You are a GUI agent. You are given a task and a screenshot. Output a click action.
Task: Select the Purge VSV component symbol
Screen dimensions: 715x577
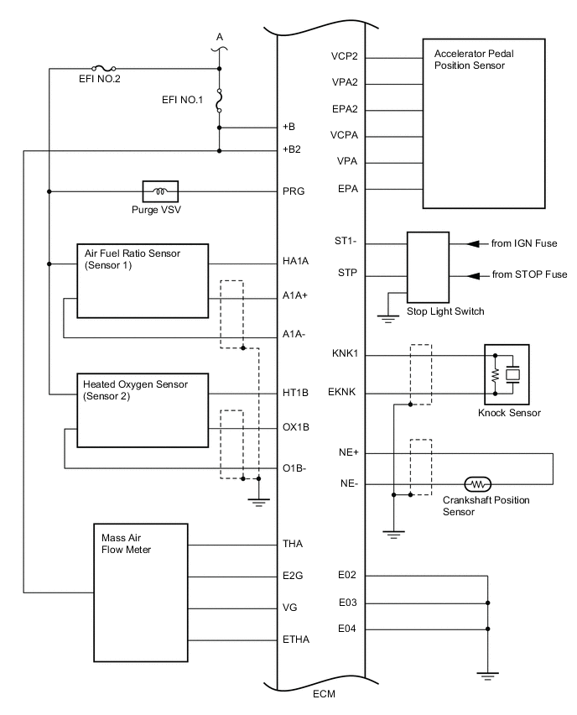[159, 190]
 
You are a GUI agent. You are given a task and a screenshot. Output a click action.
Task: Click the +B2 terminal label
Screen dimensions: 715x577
[293, 150]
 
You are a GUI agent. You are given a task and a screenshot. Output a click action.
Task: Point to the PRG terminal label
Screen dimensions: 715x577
[294, 190]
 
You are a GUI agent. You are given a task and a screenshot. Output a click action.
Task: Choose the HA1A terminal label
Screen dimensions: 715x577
[296, 261]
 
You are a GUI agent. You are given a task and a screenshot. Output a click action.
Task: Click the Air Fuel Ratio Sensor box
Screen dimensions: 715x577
[142, 280]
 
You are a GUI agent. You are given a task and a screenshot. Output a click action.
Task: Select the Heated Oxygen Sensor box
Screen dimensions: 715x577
[142, 410]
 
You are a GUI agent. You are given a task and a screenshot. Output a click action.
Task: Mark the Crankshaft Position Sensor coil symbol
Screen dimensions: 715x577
[477, 484]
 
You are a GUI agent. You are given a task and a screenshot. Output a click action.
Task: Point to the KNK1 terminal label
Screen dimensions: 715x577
[345, 354]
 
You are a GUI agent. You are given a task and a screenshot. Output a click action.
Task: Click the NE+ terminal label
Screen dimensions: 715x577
[347, 453]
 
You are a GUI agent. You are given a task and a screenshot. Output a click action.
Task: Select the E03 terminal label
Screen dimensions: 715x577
[348, 603]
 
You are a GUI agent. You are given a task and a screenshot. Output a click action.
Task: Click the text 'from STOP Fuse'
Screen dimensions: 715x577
[529, 274]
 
